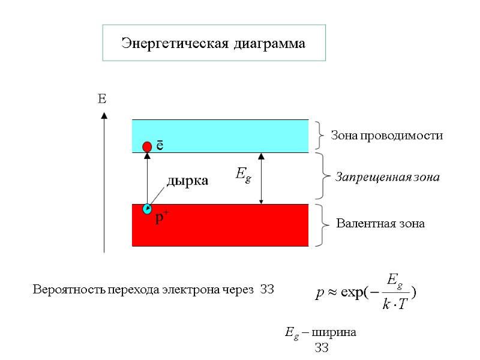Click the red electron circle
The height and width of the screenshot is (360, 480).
coord(147,147)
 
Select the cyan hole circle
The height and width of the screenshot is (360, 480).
coord(147,209)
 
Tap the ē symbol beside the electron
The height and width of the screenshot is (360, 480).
coord(160,146)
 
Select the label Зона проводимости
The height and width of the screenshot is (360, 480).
coord(387,136)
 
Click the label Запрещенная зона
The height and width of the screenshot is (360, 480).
coord(388,178)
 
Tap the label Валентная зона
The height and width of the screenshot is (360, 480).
coord(380,224)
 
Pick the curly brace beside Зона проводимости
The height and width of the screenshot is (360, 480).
coord(320,135)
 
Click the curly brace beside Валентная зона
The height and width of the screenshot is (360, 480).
coord(319,225)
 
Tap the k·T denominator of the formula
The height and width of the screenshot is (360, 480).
coord(394,305)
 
